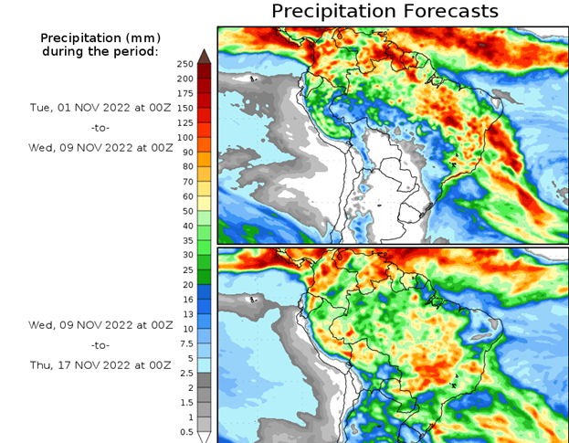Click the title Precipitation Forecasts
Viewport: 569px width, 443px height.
click(385, 11)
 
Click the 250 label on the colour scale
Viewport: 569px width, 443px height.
click(184, 64)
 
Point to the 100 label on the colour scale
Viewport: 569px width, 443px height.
click(184, 137)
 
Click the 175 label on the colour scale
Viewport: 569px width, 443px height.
click(184, 93)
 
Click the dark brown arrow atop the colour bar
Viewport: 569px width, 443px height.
click(205, 56)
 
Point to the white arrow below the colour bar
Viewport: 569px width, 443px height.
click(205, 437)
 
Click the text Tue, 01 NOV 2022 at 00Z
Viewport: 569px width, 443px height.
click(100, 107)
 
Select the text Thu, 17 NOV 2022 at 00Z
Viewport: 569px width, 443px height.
click(100, 364)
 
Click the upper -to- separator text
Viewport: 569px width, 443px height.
click(100, 127)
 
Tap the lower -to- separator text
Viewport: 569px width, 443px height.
click(100, 344)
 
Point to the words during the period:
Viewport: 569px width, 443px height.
click(100, 51)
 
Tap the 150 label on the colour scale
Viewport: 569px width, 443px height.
click(184, 108)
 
